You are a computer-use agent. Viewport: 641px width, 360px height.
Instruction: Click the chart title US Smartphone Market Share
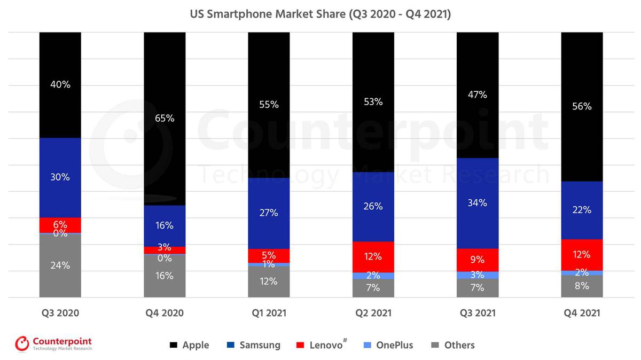coord(320,14)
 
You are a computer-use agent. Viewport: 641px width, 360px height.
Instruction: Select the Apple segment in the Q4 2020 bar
coord(165,119)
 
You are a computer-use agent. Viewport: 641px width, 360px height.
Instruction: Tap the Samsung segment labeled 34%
coord(477,203)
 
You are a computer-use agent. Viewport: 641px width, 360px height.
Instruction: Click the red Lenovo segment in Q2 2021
coord(373,257)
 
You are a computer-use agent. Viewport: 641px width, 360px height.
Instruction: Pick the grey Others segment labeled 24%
coord(60,265)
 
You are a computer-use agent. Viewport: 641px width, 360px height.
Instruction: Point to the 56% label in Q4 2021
coord(582,106)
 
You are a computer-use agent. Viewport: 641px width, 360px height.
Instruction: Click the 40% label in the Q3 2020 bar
coord(60,84)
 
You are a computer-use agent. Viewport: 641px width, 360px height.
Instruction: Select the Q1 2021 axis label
coord(269,313)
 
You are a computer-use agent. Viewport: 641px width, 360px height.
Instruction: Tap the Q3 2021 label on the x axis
coord(477,313)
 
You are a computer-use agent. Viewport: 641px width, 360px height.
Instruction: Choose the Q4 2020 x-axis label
coord(165,313)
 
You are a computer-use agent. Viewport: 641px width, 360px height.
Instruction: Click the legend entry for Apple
coord(189,345)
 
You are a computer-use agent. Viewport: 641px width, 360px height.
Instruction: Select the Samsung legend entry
coord(253,345)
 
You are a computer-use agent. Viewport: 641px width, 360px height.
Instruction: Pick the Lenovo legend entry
coord(320,345)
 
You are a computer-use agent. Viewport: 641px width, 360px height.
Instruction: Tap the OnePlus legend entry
coord(388,345)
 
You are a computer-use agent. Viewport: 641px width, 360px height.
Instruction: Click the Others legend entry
coord(452,345)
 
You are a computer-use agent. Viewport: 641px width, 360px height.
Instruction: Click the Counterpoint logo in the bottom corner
coord(53,343)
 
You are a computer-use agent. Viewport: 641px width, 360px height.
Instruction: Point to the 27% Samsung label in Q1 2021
coord(269,213)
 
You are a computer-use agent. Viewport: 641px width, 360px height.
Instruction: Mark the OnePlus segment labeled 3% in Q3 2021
coord(477,275)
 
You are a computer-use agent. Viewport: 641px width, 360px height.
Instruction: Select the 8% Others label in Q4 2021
coord(582,286)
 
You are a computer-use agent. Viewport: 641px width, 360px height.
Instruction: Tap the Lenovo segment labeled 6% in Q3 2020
coord(60,225)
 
